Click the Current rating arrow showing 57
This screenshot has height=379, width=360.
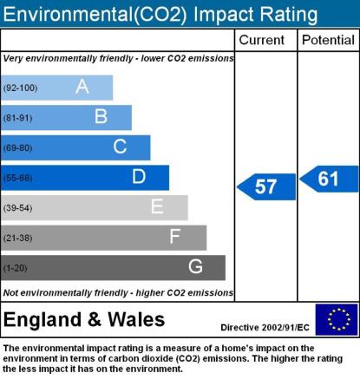(x=266, y=186)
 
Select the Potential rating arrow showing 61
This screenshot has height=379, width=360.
(x=329, y=179)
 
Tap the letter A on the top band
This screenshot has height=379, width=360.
(x=82, y=87)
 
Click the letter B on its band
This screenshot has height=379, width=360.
(x=101, y=116)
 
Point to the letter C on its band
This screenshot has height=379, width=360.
(x=120, y=147)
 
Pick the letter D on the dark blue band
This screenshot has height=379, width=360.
(x=139, y=176)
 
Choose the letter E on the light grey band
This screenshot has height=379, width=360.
(x=157, y=206)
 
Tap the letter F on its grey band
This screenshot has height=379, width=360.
(x=175, y=237)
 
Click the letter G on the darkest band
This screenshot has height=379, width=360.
(x=195, y=266)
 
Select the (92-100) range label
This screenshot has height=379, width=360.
(x=20, y=88)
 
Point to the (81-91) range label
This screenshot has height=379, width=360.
(x=17, y=118)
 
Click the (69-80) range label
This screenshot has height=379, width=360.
(x=17, y=148)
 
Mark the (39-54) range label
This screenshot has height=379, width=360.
(x=17, y=208)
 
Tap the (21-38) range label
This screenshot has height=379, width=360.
(x=17, y=238)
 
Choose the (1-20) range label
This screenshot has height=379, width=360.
(x=15, y=268)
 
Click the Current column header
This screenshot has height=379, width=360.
(x=262, y=40)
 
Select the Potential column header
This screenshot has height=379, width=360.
(x=328, y=40)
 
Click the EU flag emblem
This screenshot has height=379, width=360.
(x=337, y=319)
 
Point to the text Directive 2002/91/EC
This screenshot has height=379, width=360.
(x=265, y=328)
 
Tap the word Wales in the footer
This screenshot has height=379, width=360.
(x=136, y=319)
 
